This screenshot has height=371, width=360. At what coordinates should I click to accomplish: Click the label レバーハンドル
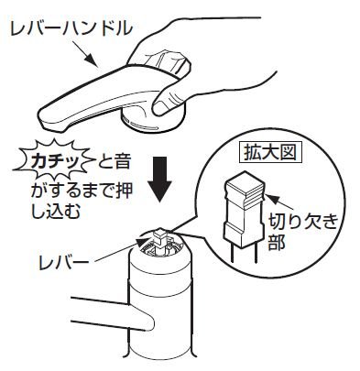tap(71, 29)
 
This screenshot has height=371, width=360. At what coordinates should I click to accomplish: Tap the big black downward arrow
tap(159, 179)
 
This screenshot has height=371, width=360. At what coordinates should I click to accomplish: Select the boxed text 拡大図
tap(270, 152)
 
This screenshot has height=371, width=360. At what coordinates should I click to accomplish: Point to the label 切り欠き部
tap(302, 232)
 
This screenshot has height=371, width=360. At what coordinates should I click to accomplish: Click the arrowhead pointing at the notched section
tap(271, 199)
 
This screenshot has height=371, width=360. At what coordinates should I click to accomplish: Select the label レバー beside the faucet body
tap(63, 262)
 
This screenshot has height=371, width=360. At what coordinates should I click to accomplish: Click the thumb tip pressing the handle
tap(159, 108)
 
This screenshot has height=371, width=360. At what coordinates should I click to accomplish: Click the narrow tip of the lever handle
tap(45, 118)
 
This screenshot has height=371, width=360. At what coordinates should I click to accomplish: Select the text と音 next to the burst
tap(114, 162)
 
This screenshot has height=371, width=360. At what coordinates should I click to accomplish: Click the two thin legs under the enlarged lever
tap(245, 255)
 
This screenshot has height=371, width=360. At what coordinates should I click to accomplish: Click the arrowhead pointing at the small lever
tap(141, 243)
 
